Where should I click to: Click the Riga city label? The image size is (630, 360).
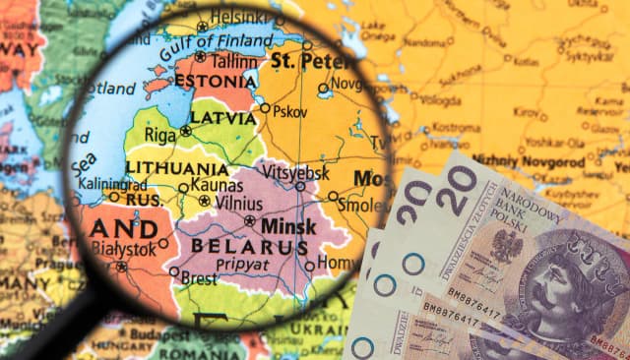pyautogui.click(x=160, y=133)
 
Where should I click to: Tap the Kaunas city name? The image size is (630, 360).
pyautogui.click(x=218, y=184)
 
